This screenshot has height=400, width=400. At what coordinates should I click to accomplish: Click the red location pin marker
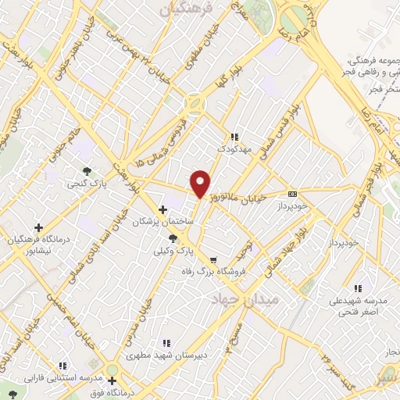(201, 183)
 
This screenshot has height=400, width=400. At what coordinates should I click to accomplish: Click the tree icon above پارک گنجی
(87, 171)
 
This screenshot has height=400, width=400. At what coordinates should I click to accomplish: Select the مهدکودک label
(234, 148)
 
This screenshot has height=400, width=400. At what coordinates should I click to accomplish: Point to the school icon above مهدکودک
(234, 137)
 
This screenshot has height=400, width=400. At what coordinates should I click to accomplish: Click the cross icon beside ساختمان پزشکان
(162, 209)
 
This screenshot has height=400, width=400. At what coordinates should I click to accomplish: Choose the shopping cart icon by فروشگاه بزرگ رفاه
(212, 260)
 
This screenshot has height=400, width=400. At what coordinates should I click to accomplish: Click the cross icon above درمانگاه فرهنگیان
(39, 227)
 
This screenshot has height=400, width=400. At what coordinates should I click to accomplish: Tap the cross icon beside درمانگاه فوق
(112, 380)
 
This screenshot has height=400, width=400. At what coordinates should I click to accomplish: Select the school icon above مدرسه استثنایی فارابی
(62, 366)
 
